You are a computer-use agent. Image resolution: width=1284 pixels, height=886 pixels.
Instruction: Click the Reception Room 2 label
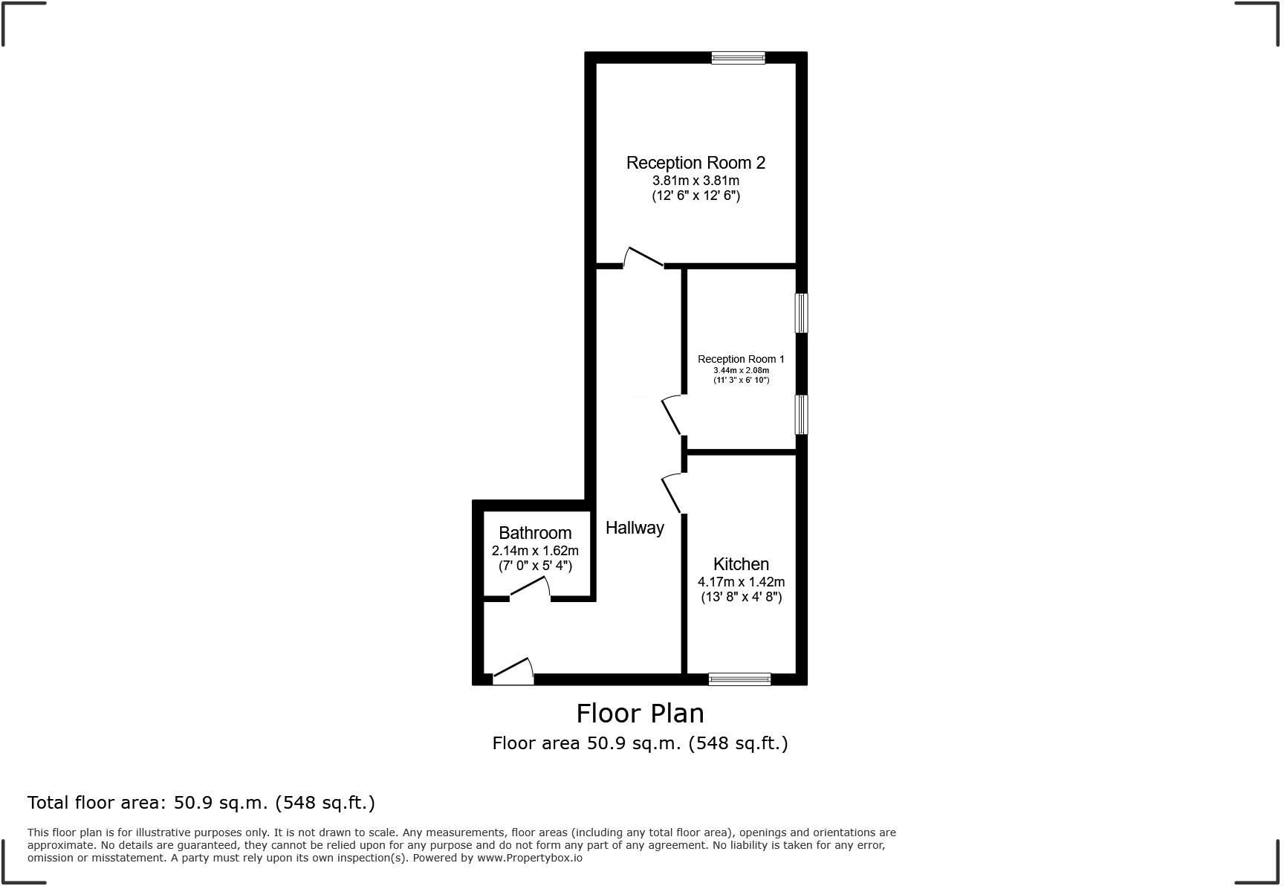pyautogui.click(x=695, y=163)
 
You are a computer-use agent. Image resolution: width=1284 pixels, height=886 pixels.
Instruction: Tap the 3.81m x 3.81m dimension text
pyautogui.click(x=695, y=181)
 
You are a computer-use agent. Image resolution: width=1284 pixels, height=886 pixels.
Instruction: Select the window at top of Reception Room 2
pyautogui.click(x=738, y=58)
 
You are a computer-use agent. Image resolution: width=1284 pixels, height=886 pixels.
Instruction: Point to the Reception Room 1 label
pyautogui.click(x=741, y=359)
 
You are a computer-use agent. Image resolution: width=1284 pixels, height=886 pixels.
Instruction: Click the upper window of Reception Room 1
pyautogui.click(x=802, y=313)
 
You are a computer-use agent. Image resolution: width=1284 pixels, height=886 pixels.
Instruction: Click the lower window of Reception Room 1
pyautogui.click(x=802, y=414)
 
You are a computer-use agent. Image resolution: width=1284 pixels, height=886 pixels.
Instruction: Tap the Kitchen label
pyautogui.click(x=741, y=564)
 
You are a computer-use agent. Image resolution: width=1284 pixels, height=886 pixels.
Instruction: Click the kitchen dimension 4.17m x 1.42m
pyautogui.click(x=741, y=582)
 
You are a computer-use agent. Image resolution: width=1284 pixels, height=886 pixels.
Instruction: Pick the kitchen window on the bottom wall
pyautogui.click(x=739, y=679)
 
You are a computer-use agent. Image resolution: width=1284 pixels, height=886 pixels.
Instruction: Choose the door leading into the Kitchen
pyautogui.click(x=672, y=494)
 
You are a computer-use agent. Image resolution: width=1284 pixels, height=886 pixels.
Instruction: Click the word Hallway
pyautogui.click(x=635, y=528)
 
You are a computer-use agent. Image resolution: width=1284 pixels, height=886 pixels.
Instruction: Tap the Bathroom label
pyautogui.click(x=535, y=533)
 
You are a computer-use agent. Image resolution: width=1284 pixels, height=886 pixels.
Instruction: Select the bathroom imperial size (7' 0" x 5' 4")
pyautogui.click(x=535, y=566)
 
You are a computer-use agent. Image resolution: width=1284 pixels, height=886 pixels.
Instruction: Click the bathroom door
pyautogui.click(x=530, y=590)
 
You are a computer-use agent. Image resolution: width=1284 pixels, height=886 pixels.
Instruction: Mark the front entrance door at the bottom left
pyautogui.click(x=513, y=672)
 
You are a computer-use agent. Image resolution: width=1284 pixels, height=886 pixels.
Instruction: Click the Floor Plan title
pyautogui.click(x=640, y=714)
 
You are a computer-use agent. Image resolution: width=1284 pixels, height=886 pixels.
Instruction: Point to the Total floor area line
pyautogui.click(x=201, y=803)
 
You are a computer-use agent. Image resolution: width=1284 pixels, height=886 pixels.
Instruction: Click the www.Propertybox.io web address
pyautogui.click(x=529, y=858)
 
